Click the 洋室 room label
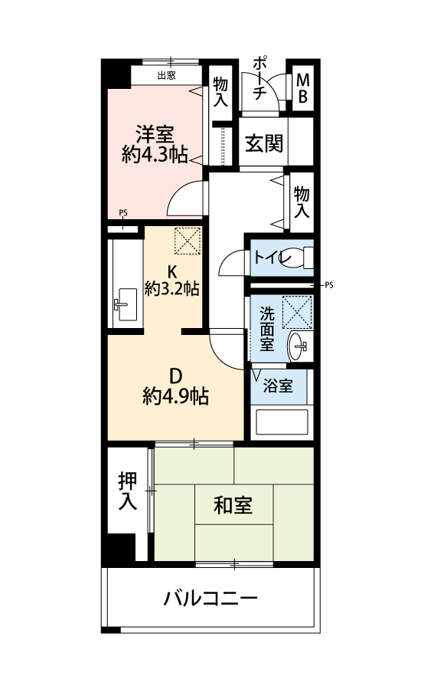(x=155, y=134)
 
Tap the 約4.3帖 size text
(x=155, y=154)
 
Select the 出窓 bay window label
(x=166, y=76)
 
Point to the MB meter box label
(x=302, y=88)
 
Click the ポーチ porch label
(x=259, y=78)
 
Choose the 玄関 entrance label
(x=264, y=143)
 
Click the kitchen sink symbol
(x=126, y=304)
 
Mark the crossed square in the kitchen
(x=188, y=241)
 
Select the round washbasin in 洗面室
(x=298, y=346)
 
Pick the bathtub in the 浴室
(x=282, y=422)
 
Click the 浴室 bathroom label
(x=278, y=386)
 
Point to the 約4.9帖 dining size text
(x=175, y=396)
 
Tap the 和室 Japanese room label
(x=233, y=505)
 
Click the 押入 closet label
(x=128, y=491)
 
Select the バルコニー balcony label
(x=210, y=598)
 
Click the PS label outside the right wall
(x=329, y=285)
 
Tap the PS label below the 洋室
(x=123, y=213)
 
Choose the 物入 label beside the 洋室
(x=220, y=91)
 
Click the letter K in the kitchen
(x=172, y=271)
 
